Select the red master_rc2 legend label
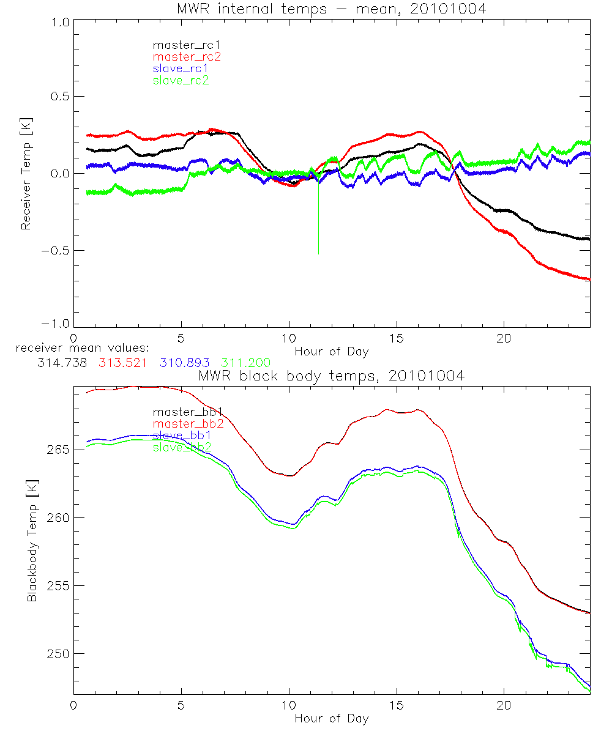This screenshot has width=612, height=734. click(x=186, y=57)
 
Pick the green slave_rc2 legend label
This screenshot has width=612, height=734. click(x=181, y=80)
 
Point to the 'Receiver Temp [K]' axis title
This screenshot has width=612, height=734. click(x=26, y=173)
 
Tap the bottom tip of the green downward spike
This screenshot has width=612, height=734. click(x=318, y=253)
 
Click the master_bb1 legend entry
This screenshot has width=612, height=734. click(x=182, y=412)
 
